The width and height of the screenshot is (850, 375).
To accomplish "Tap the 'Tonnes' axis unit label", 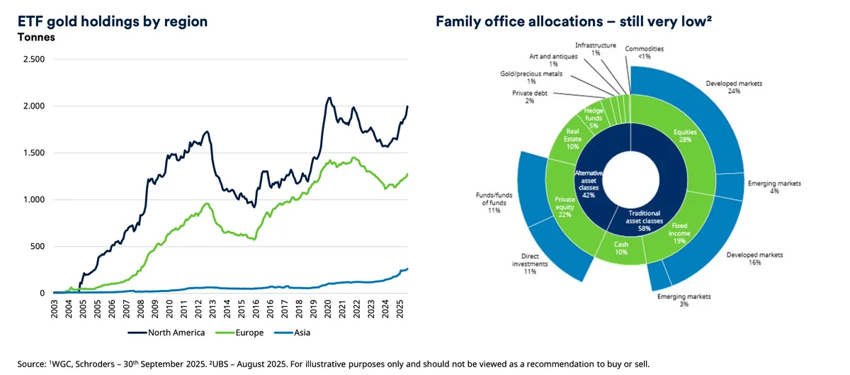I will pos(35,37).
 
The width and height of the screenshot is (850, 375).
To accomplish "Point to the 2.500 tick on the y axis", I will pos(35,60).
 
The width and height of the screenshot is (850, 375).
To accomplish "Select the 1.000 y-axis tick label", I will pos(35,200).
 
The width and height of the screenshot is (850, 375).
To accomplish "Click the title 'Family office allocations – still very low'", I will pos(573,22).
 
